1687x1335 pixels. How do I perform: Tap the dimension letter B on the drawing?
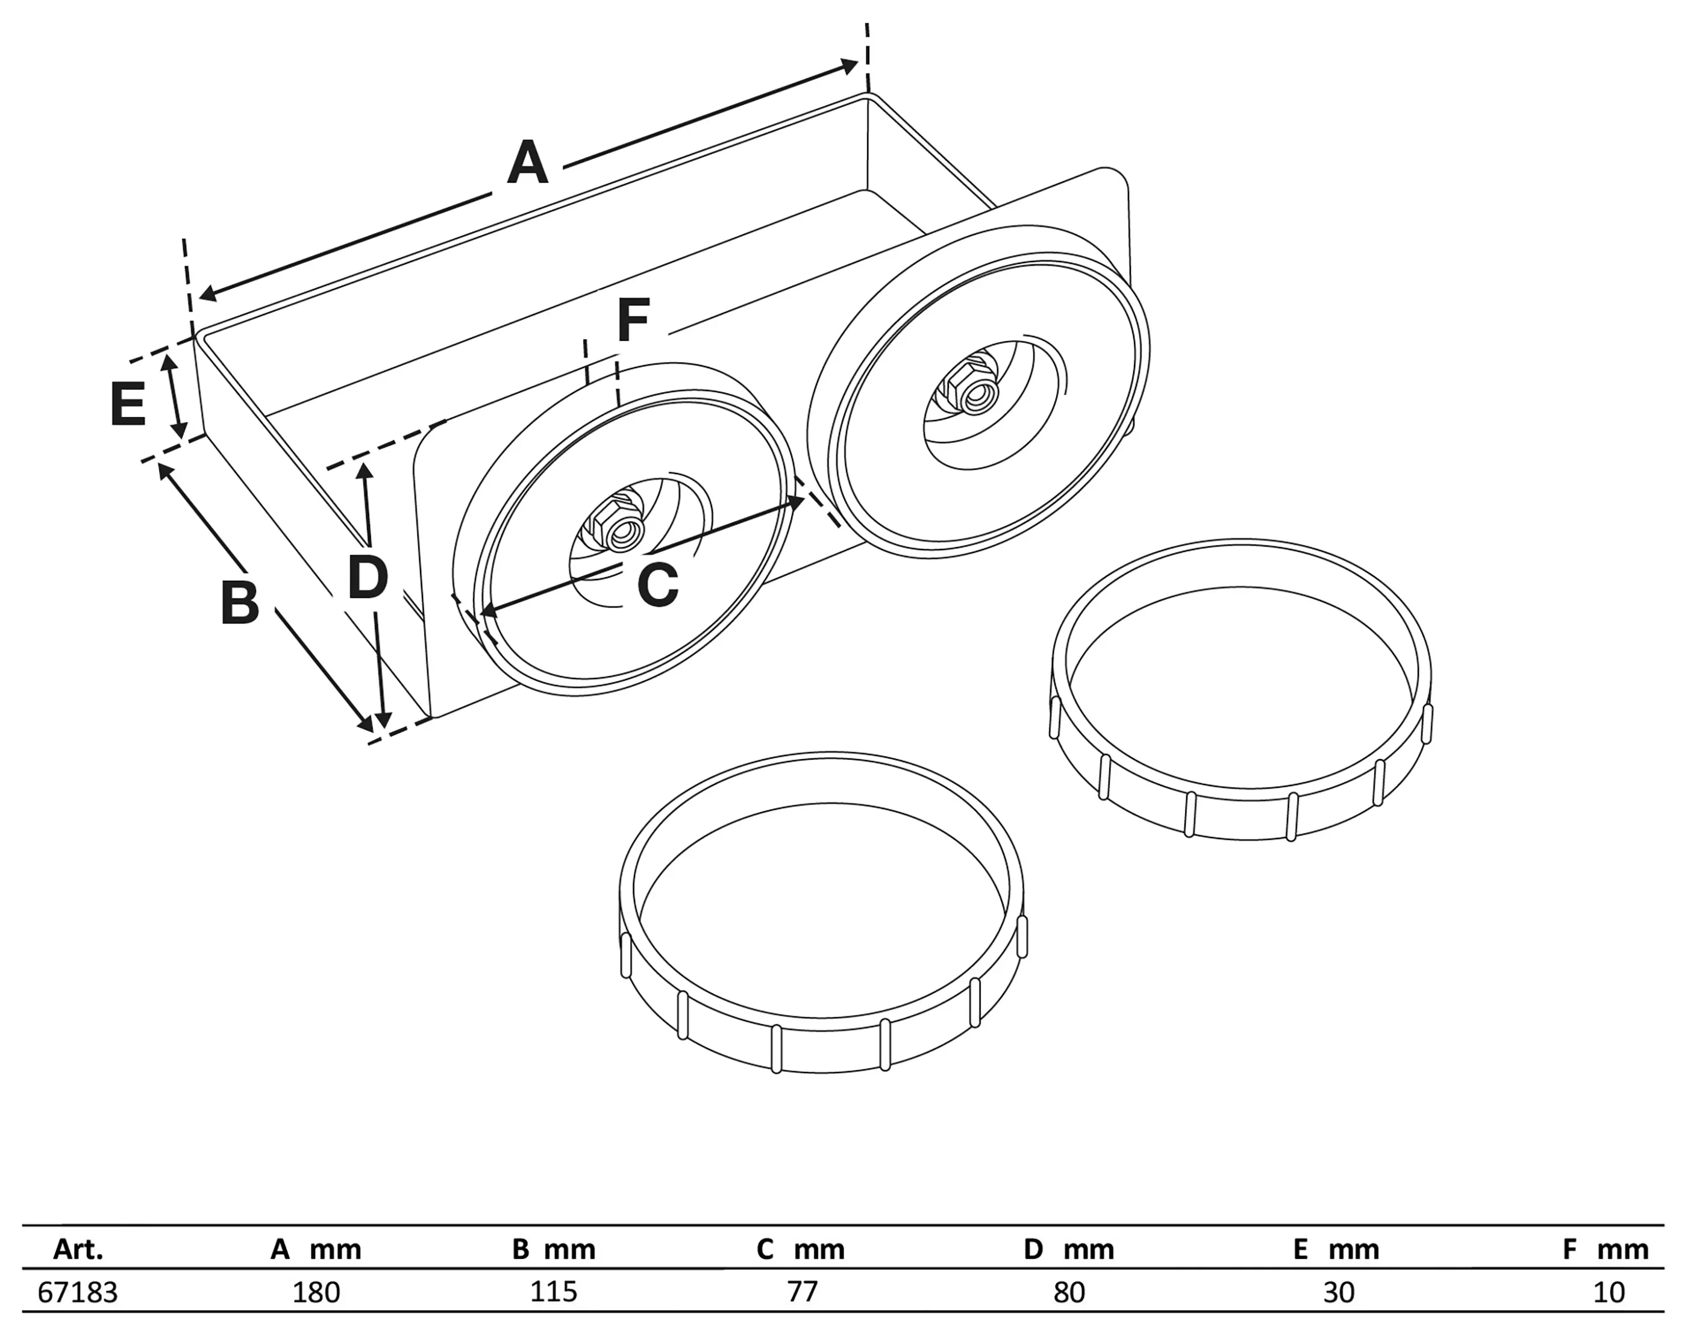239,602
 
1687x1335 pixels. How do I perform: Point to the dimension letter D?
368,578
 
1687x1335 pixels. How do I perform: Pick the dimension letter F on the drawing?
633,320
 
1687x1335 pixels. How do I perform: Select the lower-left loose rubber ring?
821,1016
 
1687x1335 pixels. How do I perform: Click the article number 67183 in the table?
77,1292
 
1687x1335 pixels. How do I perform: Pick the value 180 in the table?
316,1292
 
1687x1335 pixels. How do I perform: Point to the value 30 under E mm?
1338,1292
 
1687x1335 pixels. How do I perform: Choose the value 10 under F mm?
1609,1292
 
